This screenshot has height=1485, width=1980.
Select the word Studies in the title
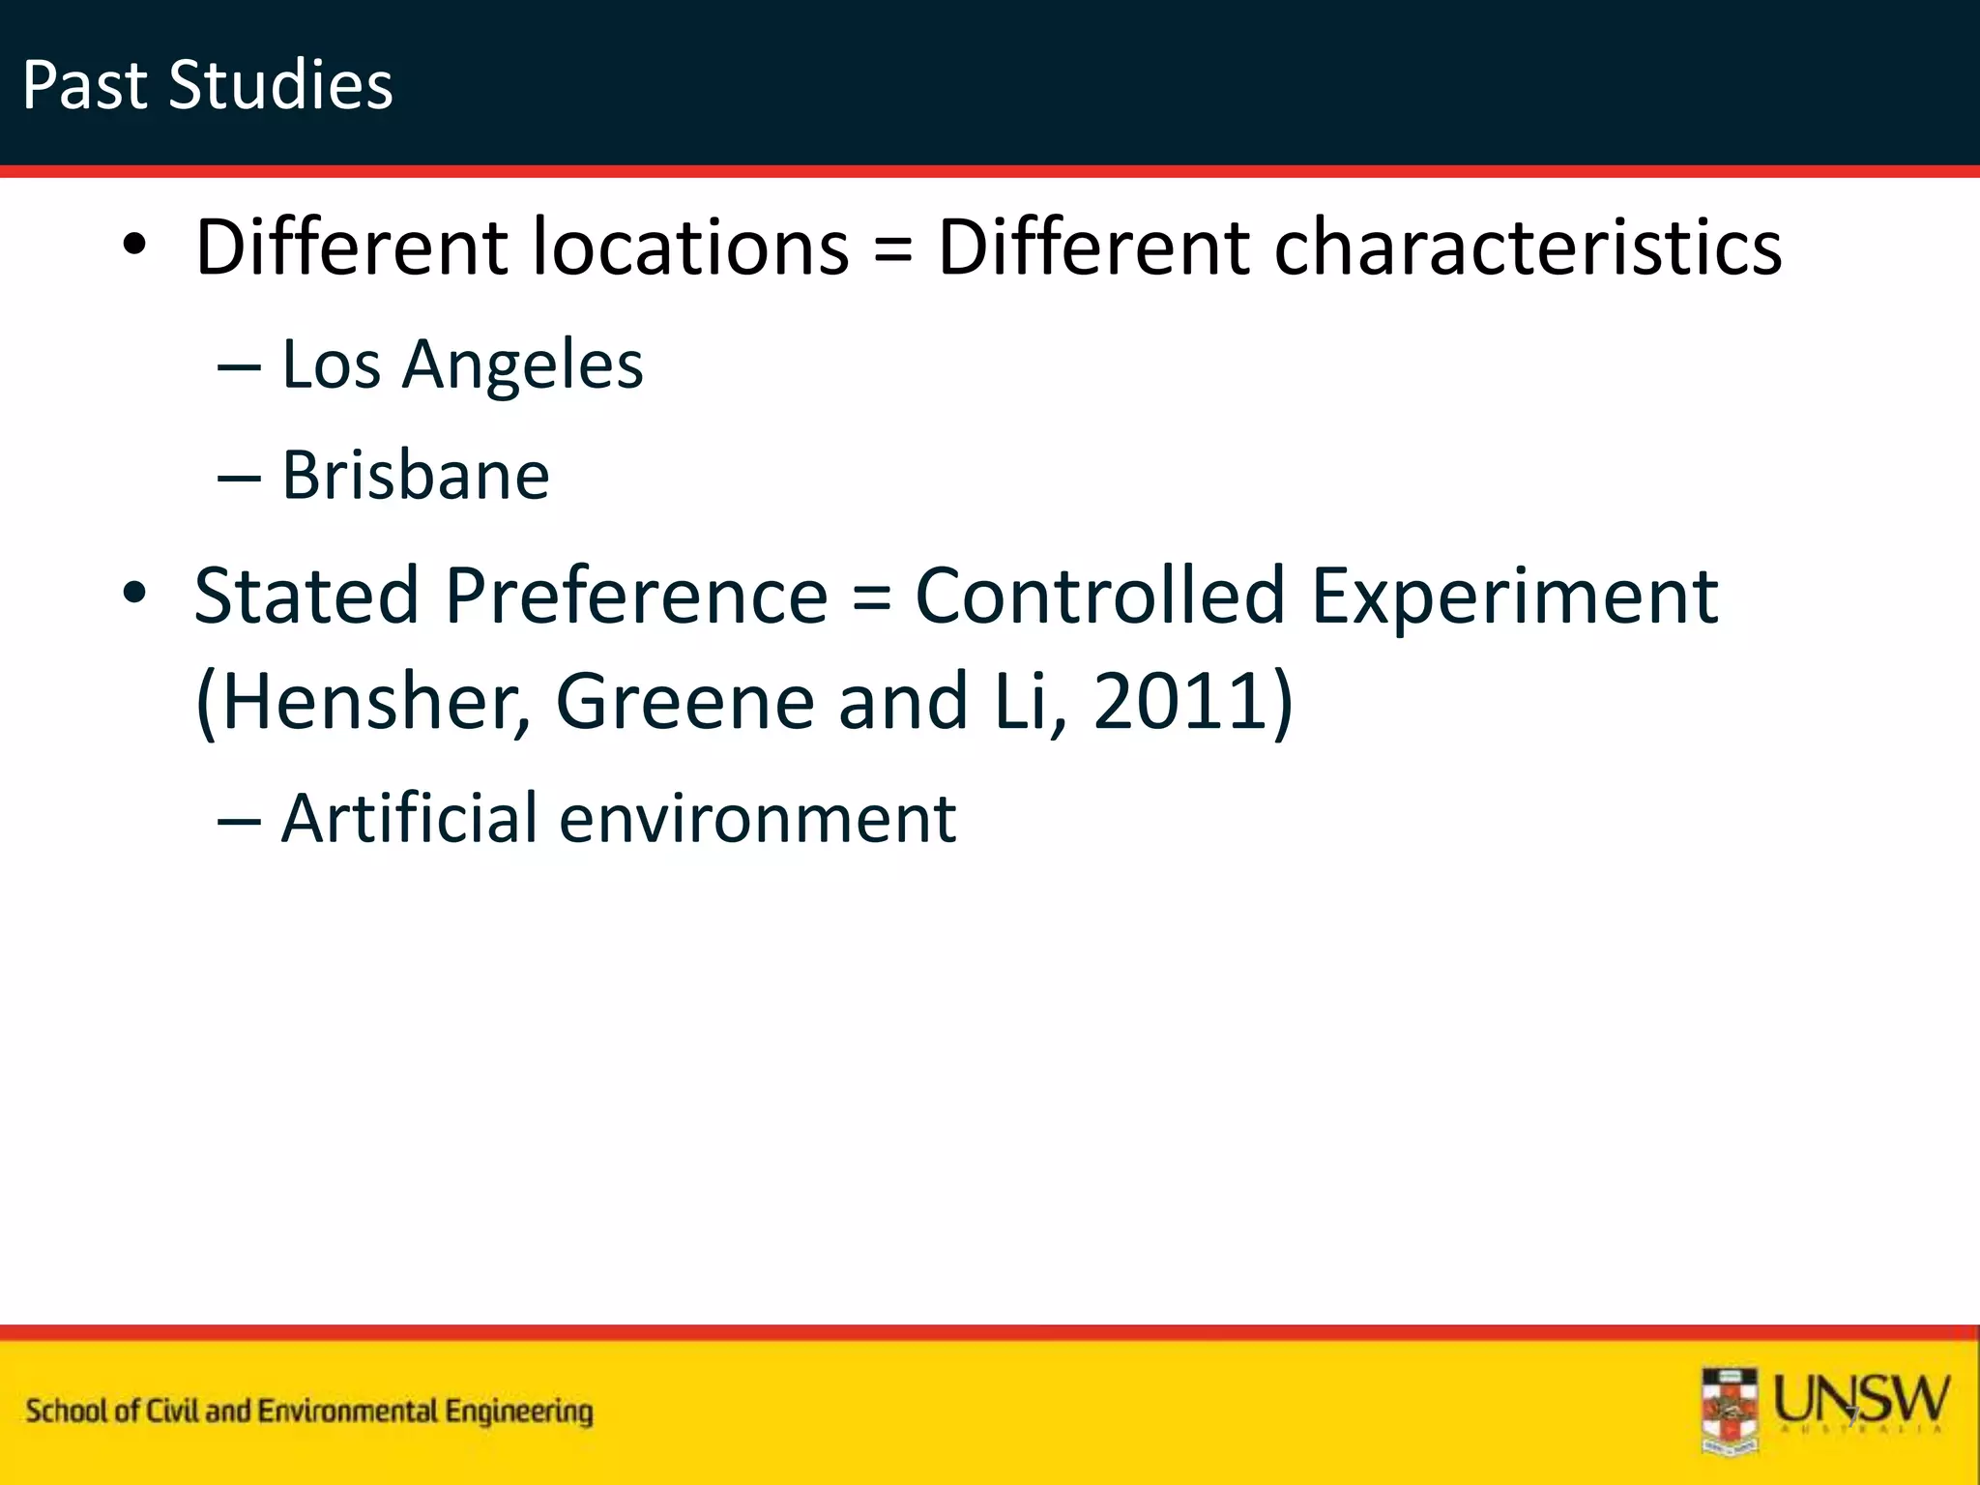click(280, 85)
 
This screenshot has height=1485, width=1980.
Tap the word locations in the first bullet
click(691, 247)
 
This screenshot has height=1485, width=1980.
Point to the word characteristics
click(1528, 247)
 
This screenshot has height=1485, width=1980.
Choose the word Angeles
click(522, 365)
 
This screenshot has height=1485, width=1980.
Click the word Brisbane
click(416, 476)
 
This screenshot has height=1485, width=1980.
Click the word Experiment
click(1514, 597)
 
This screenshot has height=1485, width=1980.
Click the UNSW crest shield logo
click(1731, 1412)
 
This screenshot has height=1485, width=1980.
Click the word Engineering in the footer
click(519, 1412)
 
